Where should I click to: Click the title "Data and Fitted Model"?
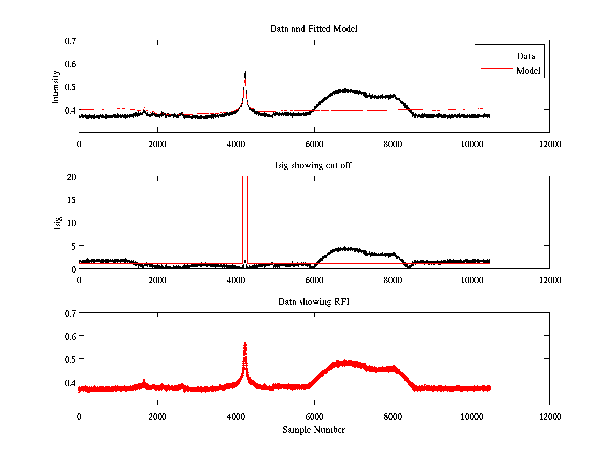point(314,29)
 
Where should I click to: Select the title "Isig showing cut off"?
point(314,166)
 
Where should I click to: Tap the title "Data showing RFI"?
point(314,302)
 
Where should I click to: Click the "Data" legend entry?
point(526,56)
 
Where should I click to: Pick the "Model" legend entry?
point(529,71)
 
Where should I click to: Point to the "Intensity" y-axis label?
point(56,87)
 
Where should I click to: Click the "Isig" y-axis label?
point(58,223)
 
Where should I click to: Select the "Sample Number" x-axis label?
point(314,430)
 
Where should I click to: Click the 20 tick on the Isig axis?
point(71,177)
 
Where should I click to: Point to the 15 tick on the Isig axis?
point(71,200)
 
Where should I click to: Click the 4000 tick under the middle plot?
point(236,280)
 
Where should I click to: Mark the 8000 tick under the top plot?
point(393,144)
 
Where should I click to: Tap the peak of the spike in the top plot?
point(245,71)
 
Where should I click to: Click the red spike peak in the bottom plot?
point(245,343)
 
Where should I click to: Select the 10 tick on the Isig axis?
point(71,223)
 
